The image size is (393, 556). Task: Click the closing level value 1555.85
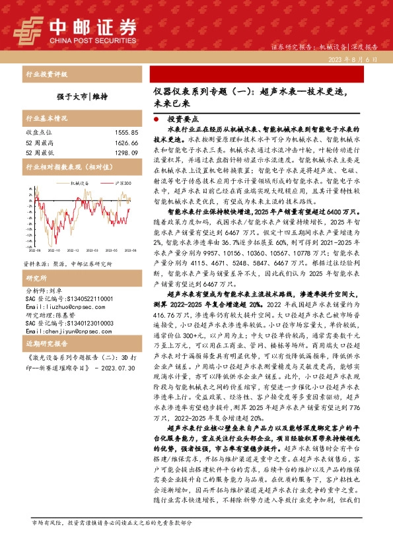tap(126, 133)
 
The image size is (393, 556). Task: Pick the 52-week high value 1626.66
tap(126, 143)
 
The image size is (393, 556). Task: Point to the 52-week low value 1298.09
tap(126, 153)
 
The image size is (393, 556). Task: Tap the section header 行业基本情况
tap(46, 120)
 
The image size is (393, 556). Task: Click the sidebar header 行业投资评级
tap(46, 75)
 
